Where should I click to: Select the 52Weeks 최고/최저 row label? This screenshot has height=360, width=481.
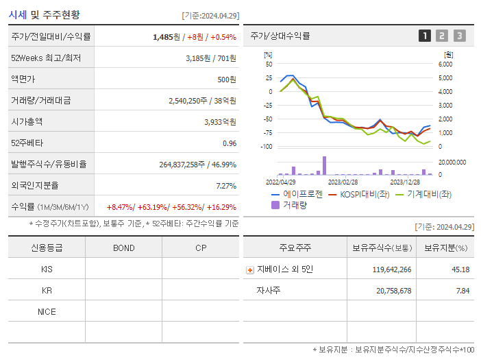47,58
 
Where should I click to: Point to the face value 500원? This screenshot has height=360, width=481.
227,80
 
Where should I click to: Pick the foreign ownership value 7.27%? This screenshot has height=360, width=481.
225,186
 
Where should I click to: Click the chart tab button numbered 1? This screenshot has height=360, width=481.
425,36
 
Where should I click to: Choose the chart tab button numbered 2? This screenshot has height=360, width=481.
442,36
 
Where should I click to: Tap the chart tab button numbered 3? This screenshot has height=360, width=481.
459,36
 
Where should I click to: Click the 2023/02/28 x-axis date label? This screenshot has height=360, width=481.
343,182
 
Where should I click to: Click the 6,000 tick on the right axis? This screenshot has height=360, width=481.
445,64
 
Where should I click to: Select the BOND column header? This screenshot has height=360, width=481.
123,248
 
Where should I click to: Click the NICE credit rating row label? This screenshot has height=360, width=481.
47,312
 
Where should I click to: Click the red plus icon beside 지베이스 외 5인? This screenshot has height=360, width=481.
250,270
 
